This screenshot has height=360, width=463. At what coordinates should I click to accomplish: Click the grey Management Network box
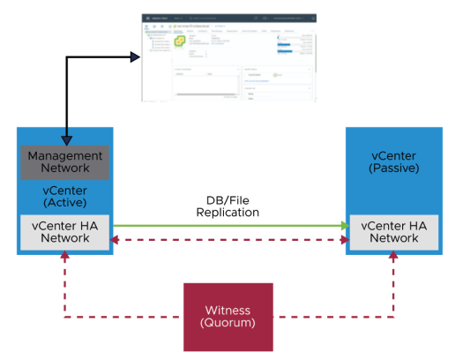(x=65, y=161)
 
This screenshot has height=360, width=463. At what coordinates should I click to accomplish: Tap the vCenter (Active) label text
(x=65, y=195)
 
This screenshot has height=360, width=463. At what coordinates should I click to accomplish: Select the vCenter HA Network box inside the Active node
(x=65, y=231)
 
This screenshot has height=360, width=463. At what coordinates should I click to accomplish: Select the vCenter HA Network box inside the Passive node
(x=393, y=231)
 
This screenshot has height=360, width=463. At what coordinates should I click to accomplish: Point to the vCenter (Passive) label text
(x=393, y=161)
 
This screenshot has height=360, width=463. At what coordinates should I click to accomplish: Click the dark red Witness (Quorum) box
(x=228, y=317)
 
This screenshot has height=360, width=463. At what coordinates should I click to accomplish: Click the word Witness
(x=228, y=309)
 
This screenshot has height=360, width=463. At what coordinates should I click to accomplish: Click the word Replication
(x=228, y=213)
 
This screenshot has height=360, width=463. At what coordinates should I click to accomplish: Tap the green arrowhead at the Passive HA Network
(x=346, y=226)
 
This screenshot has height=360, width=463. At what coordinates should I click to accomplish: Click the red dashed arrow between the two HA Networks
(x=228, y=239)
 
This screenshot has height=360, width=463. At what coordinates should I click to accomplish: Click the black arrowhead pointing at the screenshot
(x=136, y=57)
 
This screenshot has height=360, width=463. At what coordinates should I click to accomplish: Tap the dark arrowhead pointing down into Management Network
(x=65, y=139)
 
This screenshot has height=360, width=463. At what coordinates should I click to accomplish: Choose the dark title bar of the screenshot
(x=229, y=17)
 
